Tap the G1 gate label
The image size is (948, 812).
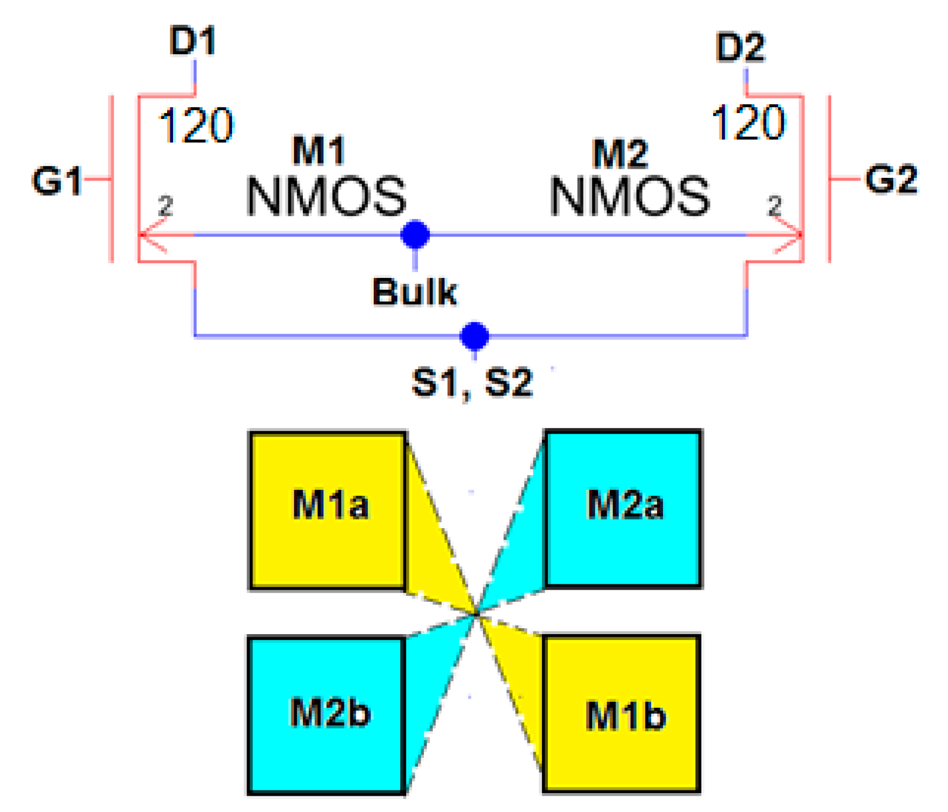[x=57, y=181]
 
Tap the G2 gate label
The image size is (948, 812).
[x=891, y=179]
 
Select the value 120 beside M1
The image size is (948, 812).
[x=196, y=125]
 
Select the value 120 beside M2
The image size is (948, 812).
[x=748, y=123]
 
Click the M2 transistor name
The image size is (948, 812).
[x=620, y=154]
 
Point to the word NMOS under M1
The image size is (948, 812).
[x=326, y=196]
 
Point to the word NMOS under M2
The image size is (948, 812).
[x=629, y=196]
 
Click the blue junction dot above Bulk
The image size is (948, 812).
[x=415, y=235]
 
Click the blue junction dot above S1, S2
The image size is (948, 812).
[x=474, y=336]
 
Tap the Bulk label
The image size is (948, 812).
[x=414, y=292]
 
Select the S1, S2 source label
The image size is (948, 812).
[x=472, y=383]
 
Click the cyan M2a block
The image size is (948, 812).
[x=624, y=508]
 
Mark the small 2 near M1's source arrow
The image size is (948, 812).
[x=165, y=206]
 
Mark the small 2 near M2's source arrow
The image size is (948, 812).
[x=774, y=206]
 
